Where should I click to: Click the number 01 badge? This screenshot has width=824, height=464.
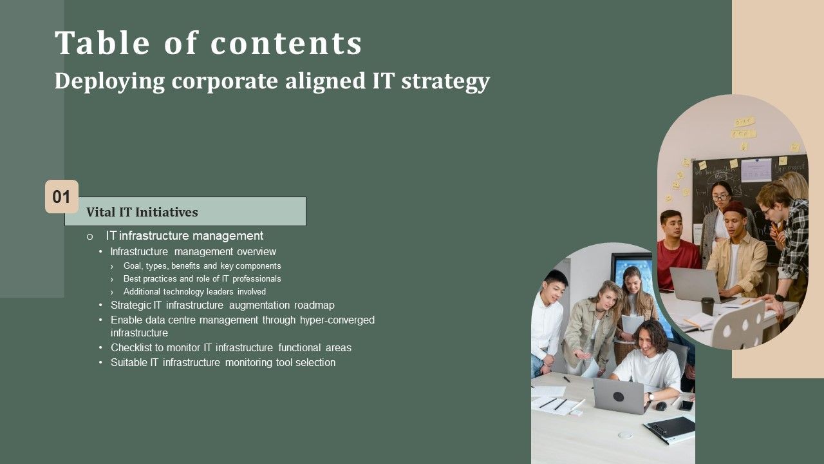pos(61,197)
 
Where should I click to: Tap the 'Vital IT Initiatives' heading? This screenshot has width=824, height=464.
pos(142,212)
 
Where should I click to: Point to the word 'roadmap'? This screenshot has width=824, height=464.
pos(314,305)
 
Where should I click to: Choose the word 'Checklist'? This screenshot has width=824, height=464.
pos(133,348)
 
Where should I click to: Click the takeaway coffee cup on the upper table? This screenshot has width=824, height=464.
pos(707,305)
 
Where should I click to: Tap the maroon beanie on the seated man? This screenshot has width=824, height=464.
pos(734,209)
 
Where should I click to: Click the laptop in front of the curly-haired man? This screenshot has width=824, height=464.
pos(617,395)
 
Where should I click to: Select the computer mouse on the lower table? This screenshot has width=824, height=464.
pos(660,406)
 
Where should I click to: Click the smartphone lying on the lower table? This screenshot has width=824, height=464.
pos(686,405)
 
